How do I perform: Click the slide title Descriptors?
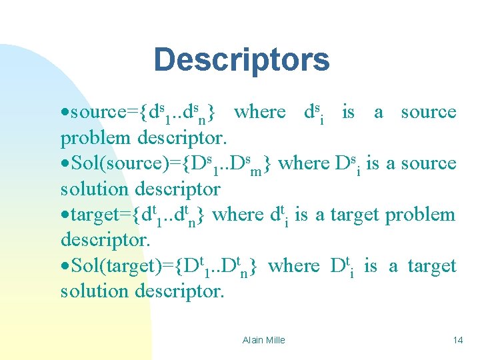click(241, 59)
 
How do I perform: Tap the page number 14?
click(457, 340)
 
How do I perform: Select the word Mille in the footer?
click(275, 340)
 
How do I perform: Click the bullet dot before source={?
click(65, 113)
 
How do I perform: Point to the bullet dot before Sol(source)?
click(65, 164)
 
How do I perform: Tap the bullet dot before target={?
click(65, 215)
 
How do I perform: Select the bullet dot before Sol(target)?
click(65, 267)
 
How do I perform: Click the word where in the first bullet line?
click(259, 112)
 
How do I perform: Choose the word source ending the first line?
click(429, 112)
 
